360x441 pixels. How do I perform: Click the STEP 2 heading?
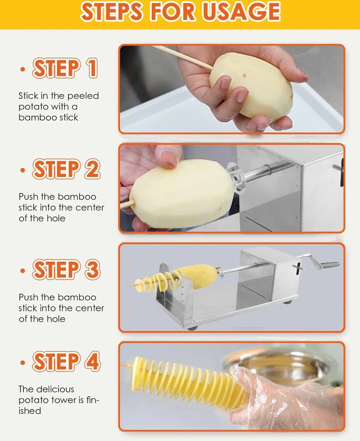pos(66,169)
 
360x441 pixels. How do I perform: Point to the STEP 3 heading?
pos(66,269)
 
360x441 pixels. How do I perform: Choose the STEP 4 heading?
pos(66,361)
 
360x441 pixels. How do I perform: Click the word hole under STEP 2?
pos(55,218)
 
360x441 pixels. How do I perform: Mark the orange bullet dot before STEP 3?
pos(23,271)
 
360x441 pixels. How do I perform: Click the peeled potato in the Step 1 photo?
pos(250,85)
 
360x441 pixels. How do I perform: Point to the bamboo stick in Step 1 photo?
pos(184,57)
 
